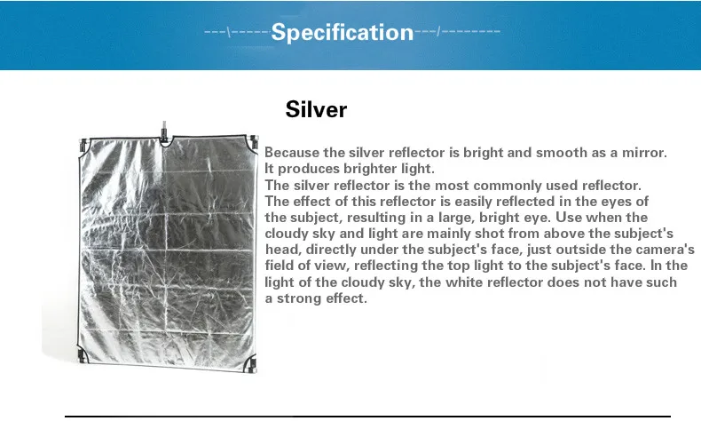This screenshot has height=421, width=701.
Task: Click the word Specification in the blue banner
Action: tap(342, 33)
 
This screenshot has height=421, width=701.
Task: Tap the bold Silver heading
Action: tap(316, 109)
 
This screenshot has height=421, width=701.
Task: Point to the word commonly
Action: tap(490, 186)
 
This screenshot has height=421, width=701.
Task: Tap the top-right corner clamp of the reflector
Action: tap(254, 142)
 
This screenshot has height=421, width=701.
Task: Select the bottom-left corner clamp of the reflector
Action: tap(83, 354)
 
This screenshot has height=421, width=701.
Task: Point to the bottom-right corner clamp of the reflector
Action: tap(252, 365)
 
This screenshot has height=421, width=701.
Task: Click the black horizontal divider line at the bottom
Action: tap(367, 417)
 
